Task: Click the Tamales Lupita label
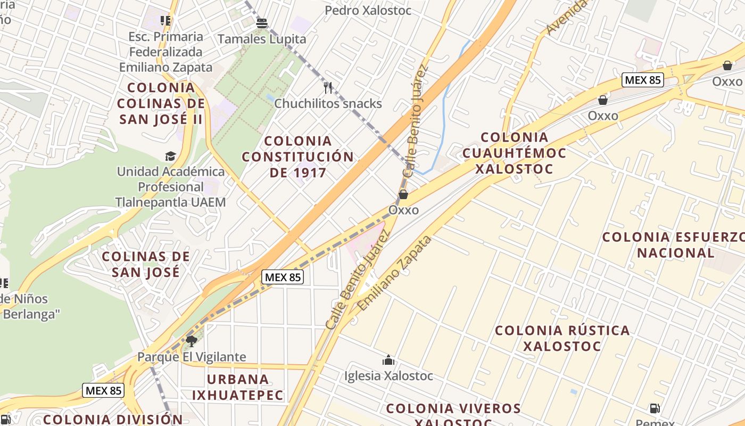point(262,39)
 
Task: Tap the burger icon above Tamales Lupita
point(261,23)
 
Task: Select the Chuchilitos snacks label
point(328,103)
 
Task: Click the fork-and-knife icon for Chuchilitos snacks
point(328,87)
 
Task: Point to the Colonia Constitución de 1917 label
point(297,157)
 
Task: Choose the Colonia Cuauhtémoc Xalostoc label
point(514,153)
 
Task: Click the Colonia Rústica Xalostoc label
point(562,338)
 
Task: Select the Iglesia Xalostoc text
point(388,376)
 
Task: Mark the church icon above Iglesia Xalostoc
point(388,360)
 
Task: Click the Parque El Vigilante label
point(192,357)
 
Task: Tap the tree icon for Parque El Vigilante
point(191,341)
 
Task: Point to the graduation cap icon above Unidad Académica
point(170,156)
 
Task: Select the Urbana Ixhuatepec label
point(238,387)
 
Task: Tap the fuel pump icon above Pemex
point(655,408)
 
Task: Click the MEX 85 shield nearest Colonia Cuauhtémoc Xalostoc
point(642,80)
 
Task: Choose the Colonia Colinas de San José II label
point(161,103)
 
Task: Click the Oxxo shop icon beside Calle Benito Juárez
point(403,194)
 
